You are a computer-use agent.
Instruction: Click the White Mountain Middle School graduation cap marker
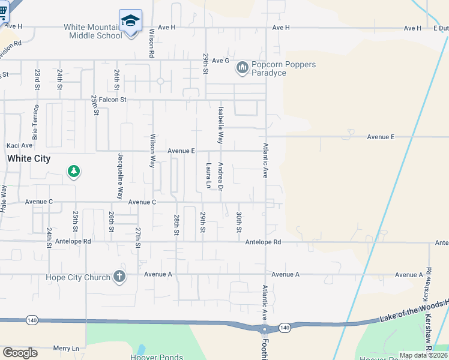point(130,20)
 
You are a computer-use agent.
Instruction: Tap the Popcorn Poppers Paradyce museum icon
point(243,68)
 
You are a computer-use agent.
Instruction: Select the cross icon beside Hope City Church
point(119,277)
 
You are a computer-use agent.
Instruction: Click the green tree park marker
point(74,172)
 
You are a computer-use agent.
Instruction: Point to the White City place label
point(29,159)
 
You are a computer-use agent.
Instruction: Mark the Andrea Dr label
point(221,176)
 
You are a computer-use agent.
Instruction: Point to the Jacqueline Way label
point(121,176)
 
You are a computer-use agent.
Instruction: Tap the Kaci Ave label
point(19,145)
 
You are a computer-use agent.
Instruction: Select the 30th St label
point(239,222)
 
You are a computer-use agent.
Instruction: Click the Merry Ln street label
point(66,349)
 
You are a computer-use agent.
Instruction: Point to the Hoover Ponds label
point(156,357)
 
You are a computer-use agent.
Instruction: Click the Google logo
point(20,353)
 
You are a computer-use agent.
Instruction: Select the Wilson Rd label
point(152,43)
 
